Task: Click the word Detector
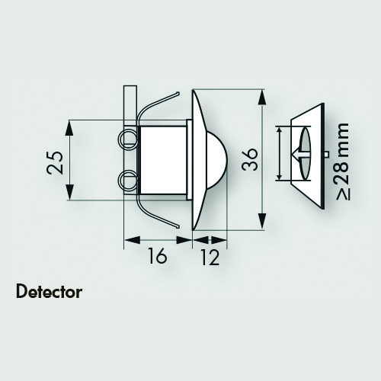click(49, 292)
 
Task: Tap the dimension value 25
click(54, 163)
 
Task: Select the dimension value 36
click(250, 159)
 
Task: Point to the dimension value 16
click(157, 256)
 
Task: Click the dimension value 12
click(210, 257)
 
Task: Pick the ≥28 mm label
click(343, 162)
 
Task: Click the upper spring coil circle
click(127, 139)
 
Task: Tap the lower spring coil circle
click(127, 180)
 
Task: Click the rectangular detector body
click(163, 160)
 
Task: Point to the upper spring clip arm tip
click(178, 93)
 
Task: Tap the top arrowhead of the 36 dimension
click(262, 97)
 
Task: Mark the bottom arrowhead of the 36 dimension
click(262, 222)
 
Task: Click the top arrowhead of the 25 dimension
click(69, 128)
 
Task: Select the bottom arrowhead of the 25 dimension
click(69, 193)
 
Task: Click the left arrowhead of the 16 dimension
click(132, 240)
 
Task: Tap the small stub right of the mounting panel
click(326, 154)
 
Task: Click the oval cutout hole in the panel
click(306, 154)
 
